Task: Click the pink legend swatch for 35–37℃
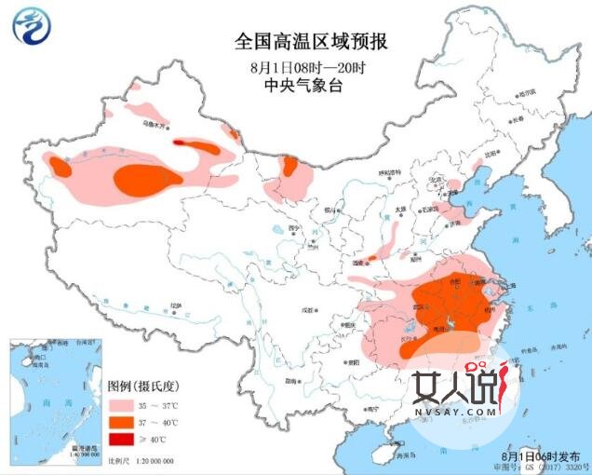118,406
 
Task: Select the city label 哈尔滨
528,93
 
